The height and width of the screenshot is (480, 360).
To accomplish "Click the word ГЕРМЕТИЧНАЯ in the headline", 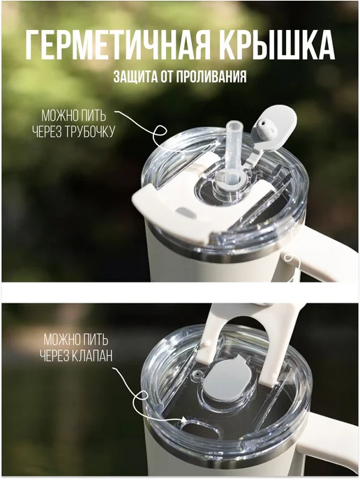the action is (117, 45).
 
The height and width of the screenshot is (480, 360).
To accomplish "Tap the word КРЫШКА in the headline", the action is (278, 45).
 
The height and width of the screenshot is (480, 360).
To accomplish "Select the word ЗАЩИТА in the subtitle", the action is (135, 77).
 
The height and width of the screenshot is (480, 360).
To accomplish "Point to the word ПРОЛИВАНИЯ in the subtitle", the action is (211, 77).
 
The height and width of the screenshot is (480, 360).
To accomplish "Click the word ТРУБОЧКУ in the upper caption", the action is (91, 132).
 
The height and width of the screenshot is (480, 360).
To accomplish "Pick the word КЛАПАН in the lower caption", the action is (93, 356).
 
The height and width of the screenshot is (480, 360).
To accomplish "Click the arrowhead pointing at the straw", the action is (218, 142).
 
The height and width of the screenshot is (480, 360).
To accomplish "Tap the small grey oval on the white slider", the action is (186, 213).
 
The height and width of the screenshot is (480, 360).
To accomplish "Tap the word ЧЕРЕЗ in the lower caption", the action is (55, 356).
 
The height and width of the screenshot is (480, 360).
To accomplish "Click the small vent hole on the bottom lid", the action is (197, 375).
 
